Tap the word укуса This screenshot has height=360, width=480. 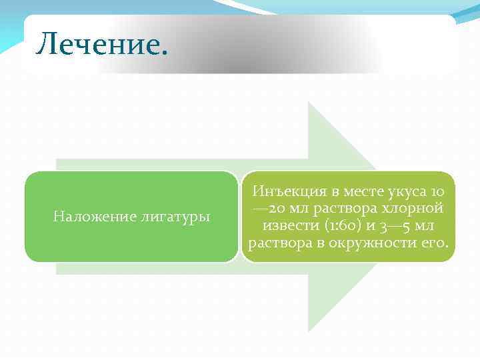[x=408, y=191]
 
